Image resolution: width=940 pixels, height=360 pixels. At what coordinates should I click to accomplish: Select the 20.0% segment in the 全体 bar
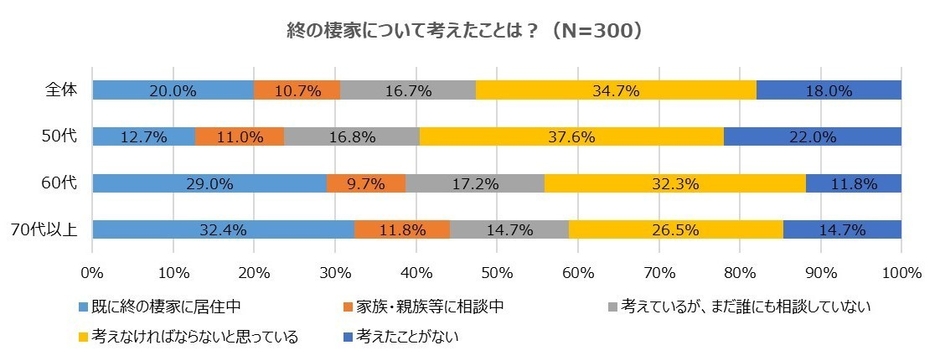pyautogui.click(x=172, y=90)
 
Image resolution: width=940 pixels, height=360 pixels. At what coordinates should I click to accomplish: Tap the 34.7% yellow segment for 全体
pyautogui.click(x=616, y=90)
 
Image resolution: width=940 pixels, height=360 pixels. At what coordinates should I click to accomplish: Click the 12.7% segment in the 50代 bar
pyautogui.click(x=143, y=136)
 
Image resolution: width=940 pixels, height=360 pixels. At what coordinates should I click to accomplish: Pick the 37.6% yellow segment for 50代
pyautogui.click(x=571, y=136)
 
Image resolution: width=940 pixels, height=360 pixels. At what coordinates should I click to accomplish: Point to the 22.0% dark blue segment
pyautogui.click(x=812, y=136)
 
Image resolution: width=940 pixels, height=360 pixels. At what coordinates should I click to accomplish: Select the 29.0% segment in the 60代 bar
pyautogui.click(x=209, y=183)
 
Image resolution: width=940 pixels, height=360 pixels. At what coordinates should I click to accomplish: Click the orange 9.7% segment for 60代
pyautogui.click(x=366, y=183)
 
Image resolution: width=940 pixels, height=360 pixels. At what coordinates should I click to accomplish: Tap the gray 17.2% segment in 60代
pyautogui.click(x=475, y=183)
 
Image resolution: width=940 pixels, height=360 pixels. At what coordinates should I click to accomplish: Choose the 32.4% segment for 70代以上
pyautogui.click(x=223, y=229)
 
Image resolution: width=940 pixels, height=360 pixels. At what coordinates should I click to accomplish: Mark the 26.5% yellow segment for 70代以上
pyautogui.click(x=676, y=229)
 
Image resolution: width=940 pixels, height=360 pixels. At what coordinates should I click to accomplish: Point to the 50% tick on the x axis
pyautogui.click(x=497, y=271)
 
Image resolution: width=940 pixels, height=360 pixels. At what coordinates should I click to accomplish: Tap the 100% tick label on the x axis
pyautogui.click(x=900, y=271)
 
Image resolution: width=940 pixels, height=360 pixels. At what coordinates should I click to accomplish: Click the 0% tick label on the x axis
pyautogui.click(x=92, y=271)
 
